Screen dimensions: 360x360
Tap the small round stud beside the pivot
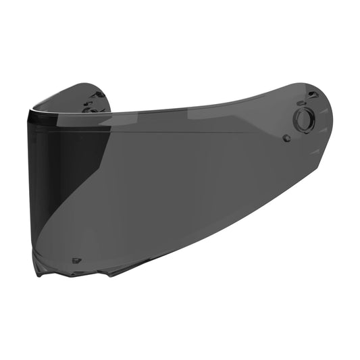point(286,138)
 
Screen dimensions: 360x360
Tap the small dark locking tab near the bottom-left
point(75,259)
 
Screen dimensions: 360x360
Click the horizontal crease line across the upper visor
point(169,132)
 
